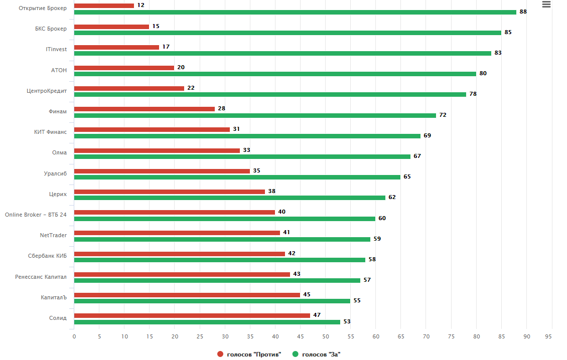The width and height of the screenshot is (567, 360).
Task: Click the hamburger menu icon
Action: (x=546, y=5)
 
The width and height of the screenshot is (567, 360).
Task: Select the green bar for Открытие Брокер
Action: (x=295, y=12)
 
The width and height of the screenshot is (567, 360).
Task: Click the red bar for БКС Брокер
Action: (x=111, y=27)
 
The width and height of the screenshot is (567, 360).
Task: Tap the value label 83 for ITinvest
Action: (x=498, y=53)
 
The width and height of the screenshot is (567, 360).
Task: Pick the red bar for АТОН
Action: (x=124, y=68)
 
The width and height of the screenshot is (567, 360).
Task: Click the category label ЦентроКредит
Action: (x=47, y=91)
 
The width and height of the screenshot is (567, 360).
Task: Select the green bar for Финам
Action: (x=255, y=115)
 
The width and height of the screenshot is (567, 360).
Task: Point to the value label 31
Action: (x=236, y=129)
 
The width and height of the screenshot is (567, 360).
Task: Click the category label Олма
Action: (x=59, y=153)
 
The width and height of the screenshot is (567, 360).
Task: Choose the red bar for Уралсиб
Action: (x=162, y=171)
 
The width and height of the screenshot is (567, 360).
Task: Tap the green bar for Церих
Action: (x=230, y=198)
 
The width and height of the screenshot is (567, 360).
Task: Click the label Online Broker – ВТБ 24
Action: (x=36, y=215)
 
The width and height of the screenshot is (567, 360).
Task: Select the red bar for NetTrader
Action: (x=177, y=233)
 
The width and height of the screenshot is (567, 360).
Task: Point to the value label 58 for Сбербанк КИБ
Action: (x=372, y=260)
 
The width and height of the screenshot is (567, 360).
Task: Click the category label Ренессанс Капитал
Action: (x=41, y=277)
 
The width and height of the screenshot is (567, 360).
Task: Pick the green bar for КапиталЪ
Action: (x=212, y=301)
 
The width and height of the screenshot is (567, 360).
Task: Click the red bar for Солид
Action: (x=192, y=315)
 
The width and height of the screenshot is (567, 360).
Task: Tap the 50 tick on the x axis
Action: (x=326, y=336)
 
